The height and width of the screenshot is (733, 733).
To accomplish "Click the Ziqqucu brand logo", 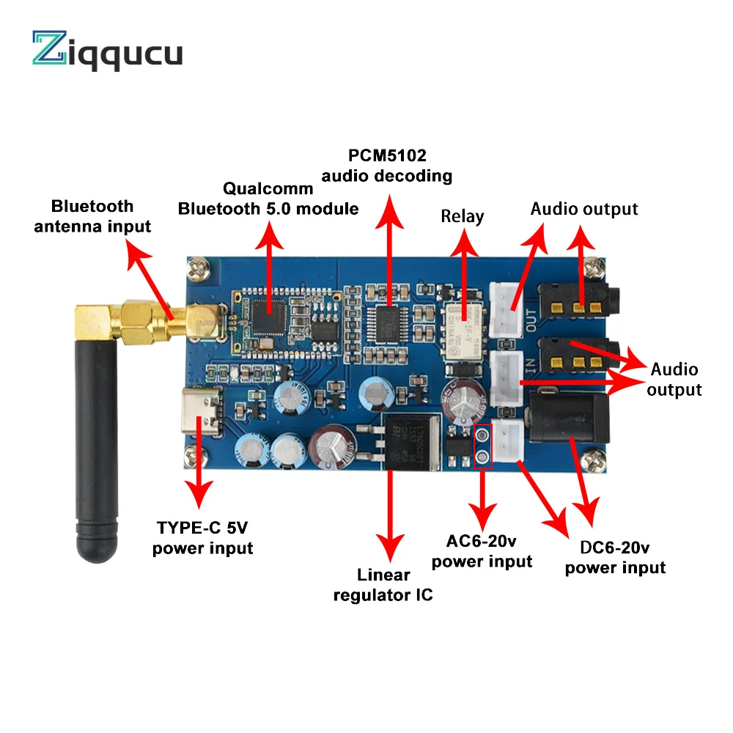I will [107, 51].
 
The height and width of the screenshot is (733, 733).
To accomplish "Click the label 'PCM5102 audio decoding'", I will [398, 166].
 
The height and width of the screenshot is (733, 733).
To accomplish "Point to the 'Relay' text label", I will [462, 216].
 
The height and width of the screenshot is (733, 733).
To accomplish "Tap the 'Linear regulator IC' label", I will [383, 584].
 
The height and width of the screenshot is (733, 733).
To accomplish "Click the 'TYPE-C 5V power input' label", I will [202, 537].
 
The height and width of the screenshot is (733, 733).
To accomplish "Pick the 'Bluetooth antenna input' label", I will [92, 216].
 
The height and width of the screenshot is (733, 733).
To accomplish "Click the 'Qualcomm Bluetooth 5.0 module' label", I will [268, 199].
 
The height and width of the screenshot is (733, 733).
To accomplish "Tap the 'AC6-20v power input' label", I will [482, 551].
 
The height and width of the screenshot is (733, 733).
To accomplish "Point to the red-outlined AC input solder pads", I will [482, 446].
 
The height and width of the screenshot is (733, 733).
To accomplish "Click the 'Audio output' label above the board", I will [584, 209].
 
